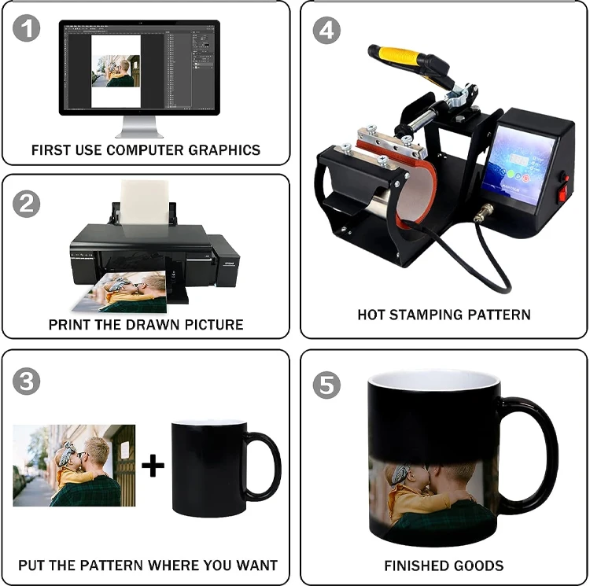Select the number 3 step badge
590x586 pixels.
point(28,382)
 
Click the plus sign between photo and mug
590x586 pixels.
point(153,466)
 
